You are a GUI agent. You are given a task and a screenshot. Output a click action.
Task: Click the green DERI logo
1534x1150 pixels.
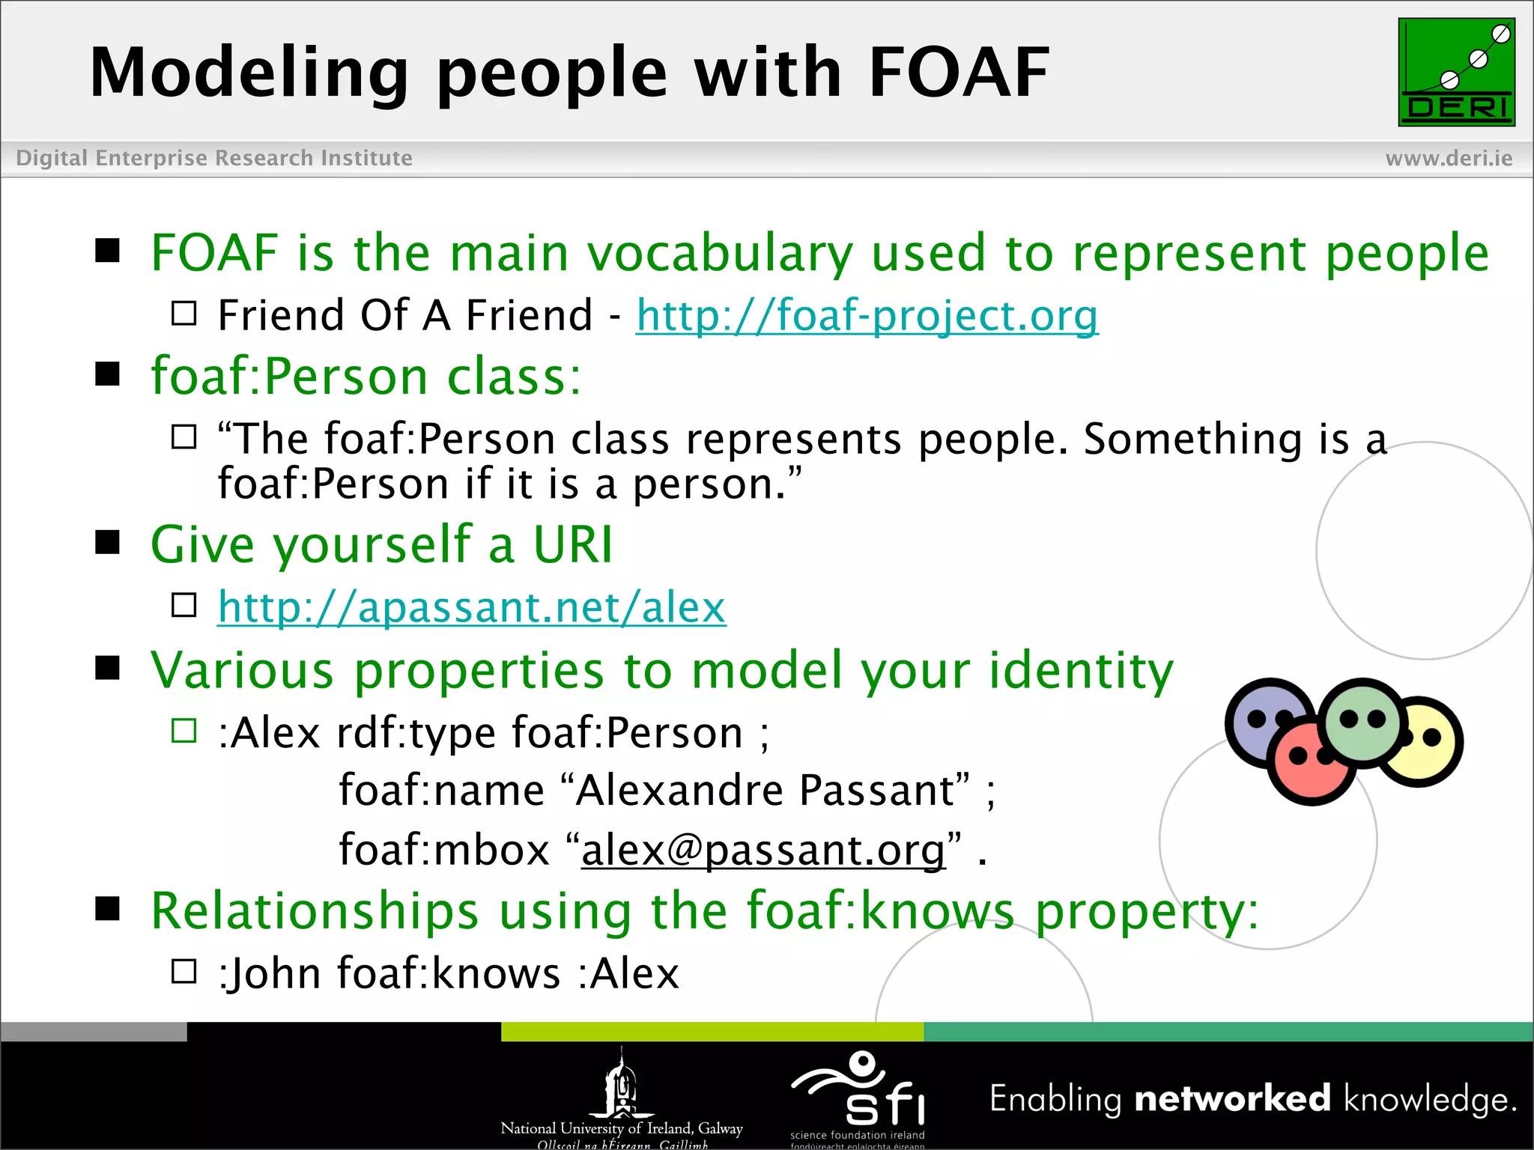[1456, 72]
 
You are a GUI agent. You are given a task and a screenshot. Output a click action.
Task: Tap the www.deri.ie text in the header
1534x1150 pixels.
[1449, 158]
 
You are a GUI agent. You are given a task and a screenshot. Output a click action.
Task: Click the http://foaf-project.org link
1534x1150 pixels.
[867, 315]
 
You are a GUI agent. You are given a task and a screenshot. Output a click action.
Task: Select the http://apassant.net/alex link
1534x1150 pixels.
[471, 606]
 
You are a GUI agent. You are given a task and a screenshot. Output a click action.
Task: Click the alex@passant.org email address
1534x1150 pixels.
[763, 851]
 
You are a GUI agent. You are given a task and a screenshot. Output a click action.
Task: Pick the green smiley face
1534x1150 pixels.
[1362, 722]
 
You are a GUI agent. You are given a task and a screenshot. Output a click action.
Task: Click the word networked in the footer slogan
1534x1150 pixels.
[1232, 1099]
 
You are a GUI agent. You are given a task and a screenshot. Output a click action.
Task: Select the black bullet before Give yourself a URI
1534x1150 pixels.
[108, 542]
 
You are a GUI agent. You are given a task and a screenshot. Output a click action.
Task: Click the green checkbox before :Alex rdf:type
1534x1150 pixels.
[184, 730]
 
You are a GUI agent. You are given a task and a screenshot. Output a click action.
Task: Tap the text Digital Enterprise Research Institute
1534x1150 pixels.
[214, 158]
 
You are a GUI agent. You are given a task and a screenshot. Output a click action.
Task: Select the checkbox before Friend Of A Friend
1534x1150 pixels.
[184, 313]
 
